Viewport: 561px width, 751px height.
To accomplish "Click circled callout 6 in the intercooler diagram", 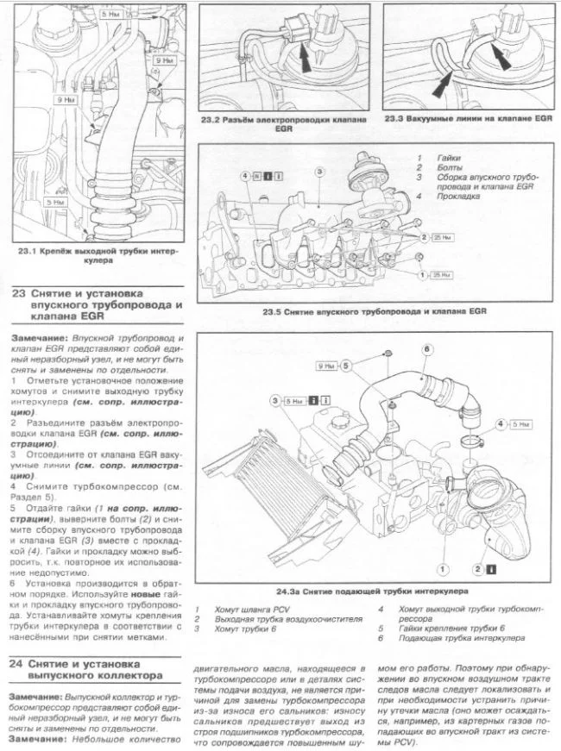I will (x=426, y=349).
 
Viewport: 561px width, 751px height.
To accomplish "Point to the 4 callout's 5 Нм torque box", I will (x=517, y=424).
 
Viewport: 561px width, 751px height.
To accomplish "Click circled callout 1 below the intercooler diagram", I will (x=441, y=569).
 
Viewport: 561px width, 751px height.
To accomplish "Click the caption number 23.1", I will (x=29, y=251).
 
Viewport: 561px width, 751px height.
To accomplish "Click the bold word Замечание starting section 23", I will (x=36, y=335).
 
